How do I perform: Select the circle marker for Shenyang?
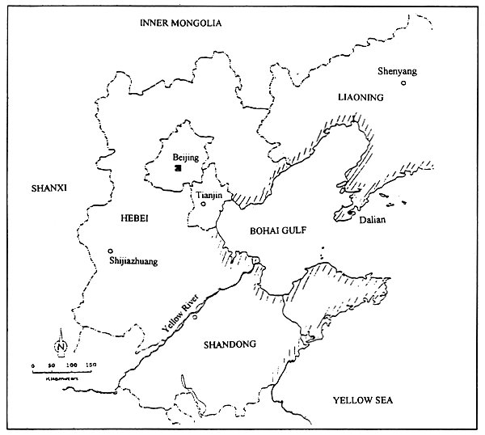(404, 82)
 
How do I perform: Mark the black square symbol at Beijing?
(178, 168)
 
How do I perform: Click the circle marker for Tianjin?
(204, 205)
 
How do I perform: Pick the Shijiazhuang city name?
(133, 261)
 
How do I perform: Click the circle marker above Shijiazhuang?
(110, 251)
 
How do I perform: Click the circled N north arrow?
(61, 347)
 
